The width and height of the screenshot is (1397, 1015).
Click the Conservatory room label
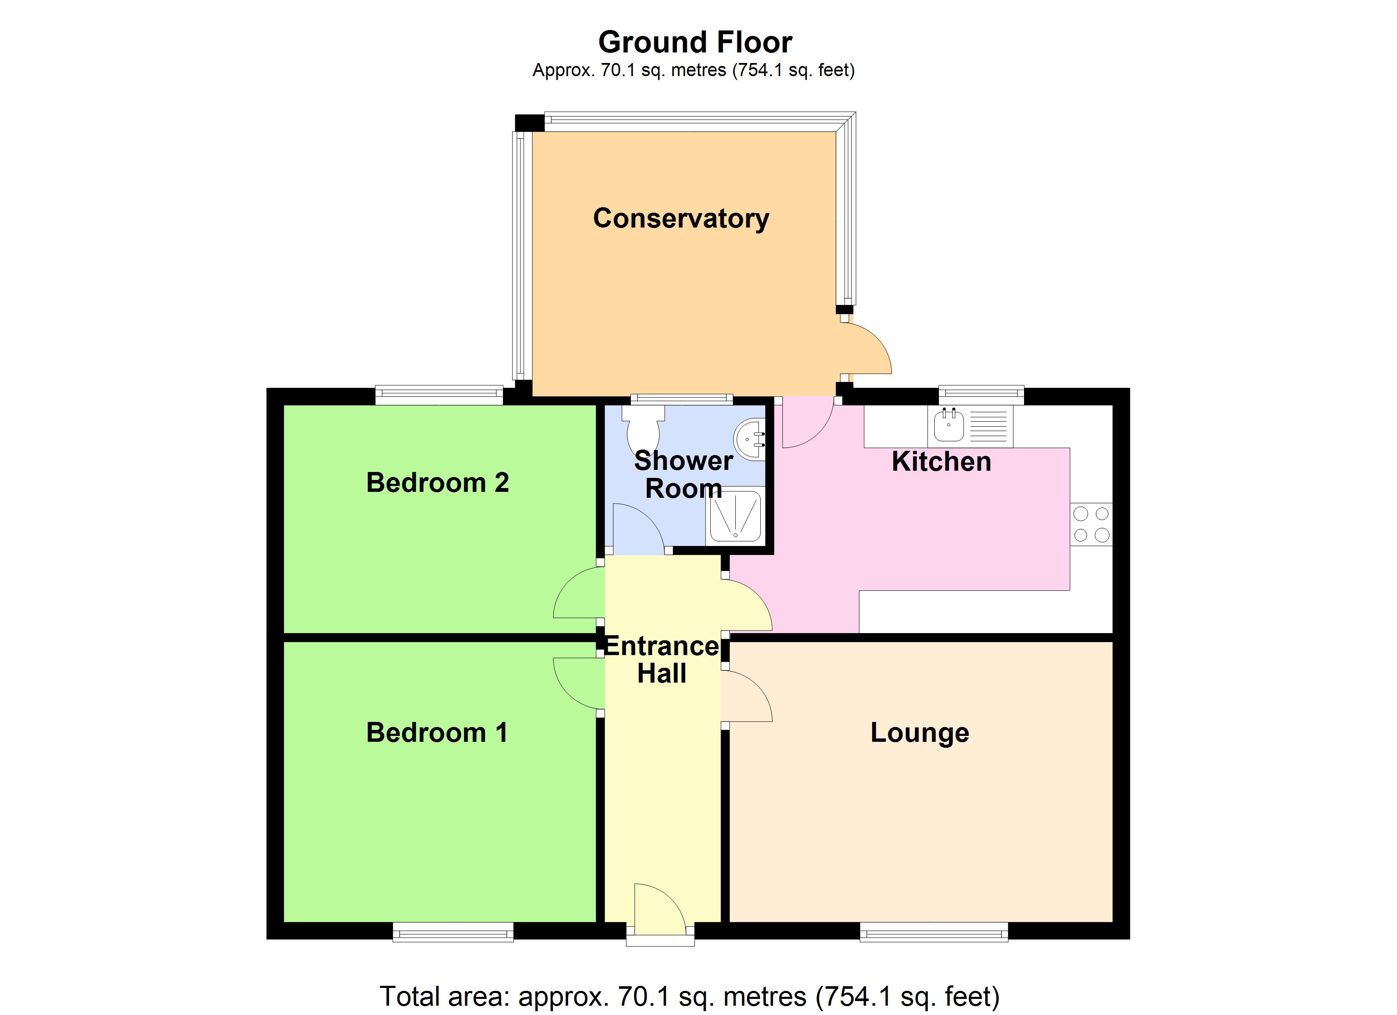681,219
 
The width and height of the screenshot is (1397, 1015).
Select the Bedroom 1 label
437,732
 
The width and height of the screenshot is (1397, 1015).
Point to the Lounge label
919,732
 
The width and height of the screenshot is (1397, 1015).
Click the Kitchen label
941,462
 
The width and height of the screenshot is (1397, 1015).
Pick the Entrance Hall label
662,659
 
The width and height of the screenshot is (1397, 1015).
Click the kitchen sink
949,425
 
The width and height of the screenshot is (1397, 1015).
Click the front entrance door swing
658,907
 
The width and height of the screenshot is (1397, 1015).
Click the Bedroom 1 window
453,933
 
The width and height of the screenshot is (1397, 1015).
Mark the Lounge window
933,933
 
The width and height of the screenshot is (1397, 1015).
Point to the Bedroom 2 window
439,395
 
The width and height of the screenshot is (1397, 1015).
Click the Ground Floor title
695,42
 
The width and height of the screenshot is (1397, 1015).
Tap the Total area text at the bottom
689,996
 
